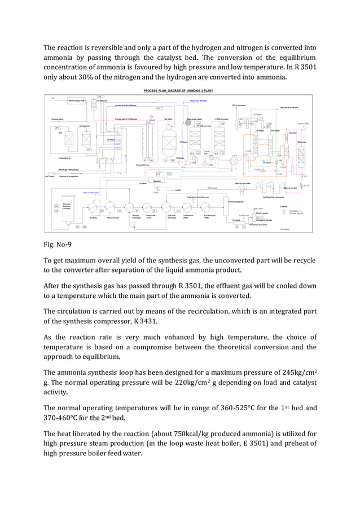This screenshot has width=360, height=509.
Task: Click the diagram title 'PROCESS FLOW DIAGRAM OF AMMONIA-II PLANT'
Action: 178,90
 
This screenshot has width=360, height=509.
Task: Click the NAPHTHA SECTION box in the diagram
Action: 77,102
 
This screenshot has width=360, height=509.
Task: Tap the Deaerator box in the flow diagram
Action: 159,181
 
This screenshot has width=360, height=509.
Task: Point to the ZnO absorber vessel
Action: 86,138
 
